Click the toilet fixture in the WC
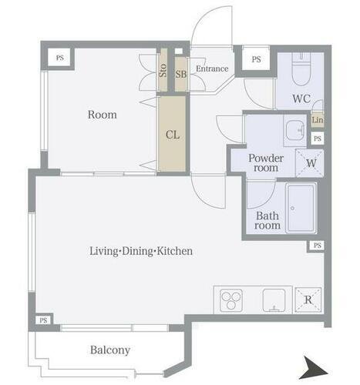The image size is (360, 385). (301, 69)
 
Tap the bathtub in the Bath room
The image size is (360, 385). (301, 208)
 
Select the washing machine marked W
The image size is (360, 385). (310, 163)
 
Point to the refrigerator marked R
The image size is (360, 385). (308, 300)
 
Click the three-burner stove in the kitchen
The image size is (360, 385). (231, 300)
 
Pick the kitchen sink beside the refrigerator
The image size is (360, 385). (274, 300)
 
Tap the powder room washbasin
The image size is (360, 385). (295, 130)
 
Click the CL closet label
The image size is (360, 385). (173, 135)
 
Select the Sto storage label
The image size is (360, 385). (163, 70)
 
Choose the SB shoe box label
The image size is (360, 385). (181, 74)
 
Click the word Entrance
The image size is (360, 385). (212, 69)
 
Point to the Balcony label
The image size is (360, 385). (110, 350)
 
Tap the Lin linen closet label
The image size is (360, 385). (318, 120)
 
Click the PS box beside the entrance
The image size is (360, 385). (256, 59)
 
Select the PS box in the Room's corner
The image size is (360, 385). (59, 58)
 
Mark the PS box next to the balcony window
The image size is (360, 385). (43, 320)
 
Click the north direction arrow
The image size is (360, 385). (314, 367)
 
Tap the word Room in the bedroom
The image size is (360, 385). (103, 115)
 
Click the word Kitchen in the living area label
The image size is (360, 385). (175, 251)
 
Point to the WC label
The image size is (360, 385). (301, 99)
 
